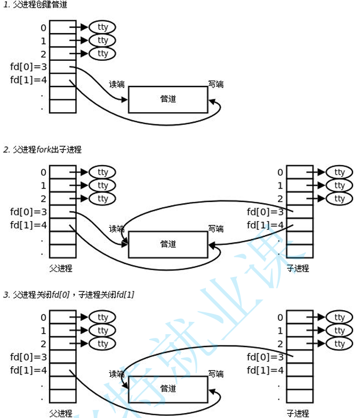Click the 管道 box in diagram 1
click(x=168, y=99)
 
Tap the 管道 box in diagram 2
click(x=168, y=245)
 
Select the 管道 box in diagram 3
click(x=168, y=389)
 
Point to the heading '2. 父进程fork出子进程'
click(x=43, y=149)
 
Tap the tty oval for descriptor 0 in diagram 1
click(x=102, y=27)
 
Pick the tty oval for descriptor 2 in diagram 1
click(x=102, y=53)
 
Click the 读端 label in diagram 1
click(x=116, y=84)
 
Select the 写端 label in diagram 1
click(x=215, y=84)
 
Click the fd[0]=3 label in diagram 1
click(x=28, y=67)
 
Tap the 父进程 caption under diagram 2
click(x=60, y=268)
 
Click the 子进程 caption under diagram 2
click(x=298, y=268)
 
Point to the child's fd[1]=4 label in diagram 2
click(x=266, y=225)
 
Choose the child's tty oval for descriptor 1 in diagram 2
click(x=339, y=185)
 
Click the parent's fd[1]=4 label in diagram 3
click(x=28, y=370)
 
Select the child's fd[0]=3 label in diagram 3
click(x=266, y=357)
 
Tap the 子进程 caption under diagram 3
click(x=298, y=413)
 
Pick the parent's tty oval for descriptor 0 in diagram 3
click(x=102, y=317)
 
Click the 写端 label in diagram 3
click(x=215, y=373)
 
